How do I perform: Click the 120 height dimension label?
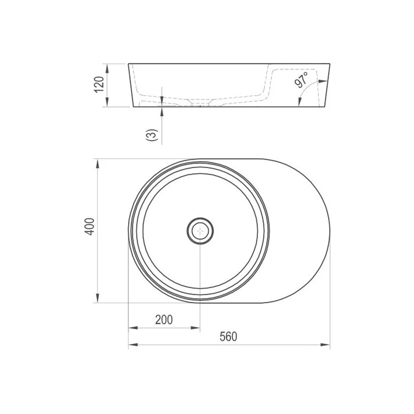click(x=99, y=84)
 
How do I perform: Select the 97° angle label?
click(x=301, y=79)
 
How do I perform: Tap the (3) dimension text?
click(x=152, y=135)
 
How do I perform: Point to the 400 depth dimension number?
click(x=89, y=226)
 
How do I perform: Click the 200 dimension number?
click(x=164, y=320)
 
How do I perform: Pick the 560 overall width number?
click(x=229, y=337)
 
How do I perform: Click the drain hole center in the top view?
click(x=200, y=231)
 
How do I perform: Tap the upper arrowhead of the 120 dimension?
click(x=107, y=69)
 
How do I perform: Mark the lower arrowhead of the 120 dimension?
click(x=107, y=102)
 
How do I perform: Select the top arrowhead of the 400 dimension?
click(x=98, y=164)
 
